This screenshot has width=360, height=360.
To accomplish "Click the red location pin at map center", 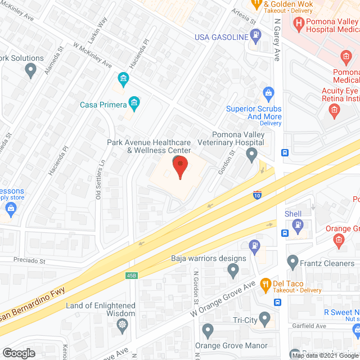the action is [179, 167].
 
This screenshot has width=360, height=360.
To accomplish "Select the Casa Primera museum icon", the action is [134, 102].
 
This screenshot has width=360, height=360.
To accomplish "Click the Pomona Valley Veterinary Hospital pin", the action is [253, 154].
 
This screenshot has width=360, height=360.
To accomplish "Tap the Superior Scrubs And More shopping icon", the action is [268, 92].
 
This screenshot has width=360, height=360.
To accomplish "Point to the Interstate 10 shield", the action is [256, 195].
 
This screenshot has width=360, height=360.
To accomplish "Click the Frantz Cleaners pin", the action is [292, 261].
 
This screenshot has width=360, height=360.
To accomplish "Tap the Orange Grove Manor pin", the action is [208, 330].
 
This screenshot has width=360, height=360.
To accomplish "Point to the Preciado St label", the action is [29, 261].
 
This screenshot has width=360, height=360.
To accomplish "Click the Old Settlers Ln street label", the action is [100, 179].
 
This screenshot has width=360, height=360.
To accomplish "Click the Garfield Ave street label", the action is [309, 326].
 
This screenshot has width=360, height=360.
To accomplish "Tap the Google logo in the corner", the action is [19, 353].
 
